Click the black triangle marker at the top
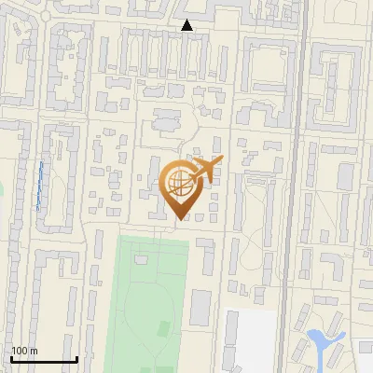[x=187, y=25]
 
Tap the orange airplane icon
[x=204, y=171]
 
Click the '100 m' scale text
[x=24, y=351]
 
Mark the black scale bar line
[x=44, y=359]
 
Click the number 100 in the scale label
[x=20, y=351]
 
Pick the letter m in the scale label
[x=34, y=351]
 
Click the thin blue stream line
[x=40, y=184]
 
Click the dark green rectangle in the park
[x=164, y=328]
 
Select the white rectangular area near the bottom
[x=252, y=340]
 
